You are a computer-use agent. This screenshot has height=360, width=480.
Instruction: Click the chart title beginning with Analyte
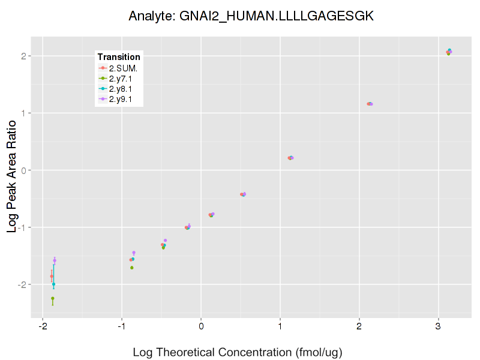pos(251,16)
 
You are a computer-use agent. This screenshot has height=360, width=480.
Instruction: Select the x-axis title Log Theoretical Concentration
pos(238,352)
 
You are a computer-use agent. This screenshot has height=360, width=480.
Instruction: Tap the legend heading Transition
pos(119,57)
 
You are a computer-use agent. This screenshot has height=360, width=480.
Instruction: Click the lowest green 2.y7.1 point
pos(53,298)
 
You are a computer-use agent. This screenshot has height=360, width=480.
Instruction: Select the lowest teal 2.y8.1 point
pos(53,284)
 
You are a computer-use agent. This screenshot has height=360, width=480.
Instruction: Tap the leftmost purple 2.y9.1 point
pos(55,260)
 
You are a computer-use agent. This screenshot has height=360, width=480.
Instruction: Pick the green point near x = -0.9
pos(132,268)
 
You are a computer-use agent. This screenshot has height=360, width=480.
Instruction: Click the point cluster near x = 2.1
pos(370,104)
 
